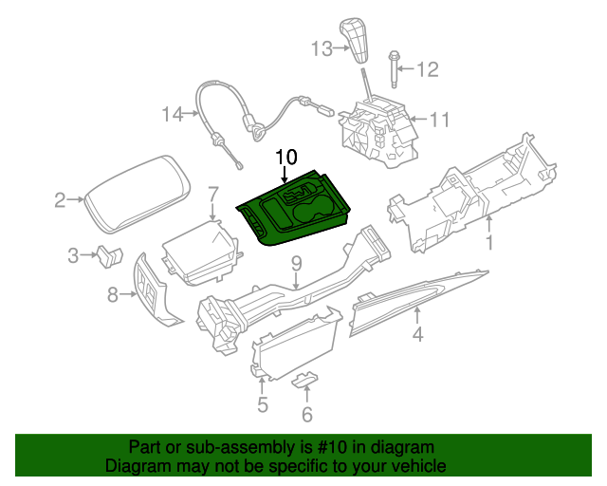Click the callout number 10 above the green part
tap(286, 157)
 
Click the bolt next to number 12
tap(392, 69)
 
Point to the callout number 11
tap(439, 120)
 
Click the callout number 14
tap(171, 115)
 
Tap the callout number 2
tap(59, 199)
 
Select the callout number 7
tap(213, 193)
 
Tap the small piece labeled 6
tap(304, 381)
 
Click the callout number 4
tap(417, 333)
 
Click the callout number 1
tap(490, 245)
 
